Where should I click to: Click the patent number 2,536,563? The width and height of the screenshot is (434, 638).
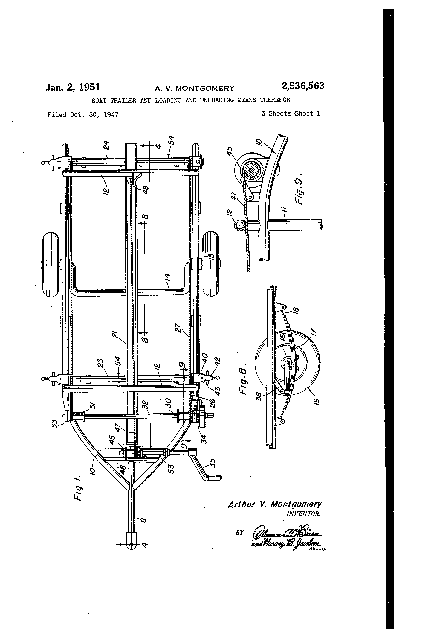pyautogui.click(x=303, y=86)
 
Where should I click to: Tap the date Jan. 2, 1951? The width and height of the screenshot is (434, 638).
pyautogui.click(x=73, y=87)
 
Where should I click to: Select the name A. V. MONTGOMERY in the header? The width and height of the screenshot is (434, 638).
pyautogui.click(x=195, y=88)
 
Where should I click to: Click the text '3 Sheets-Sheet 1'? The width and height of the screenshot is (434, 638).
pyautogui.click(x=291, y=114)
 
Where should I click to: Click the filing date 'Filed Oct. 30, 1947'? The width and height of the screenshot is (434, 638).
pyautogui.click(x=83, y=115)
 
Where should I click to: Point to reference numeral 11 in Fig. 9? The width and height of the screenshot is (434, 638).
pyautogui.click(x=285, y=212)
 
